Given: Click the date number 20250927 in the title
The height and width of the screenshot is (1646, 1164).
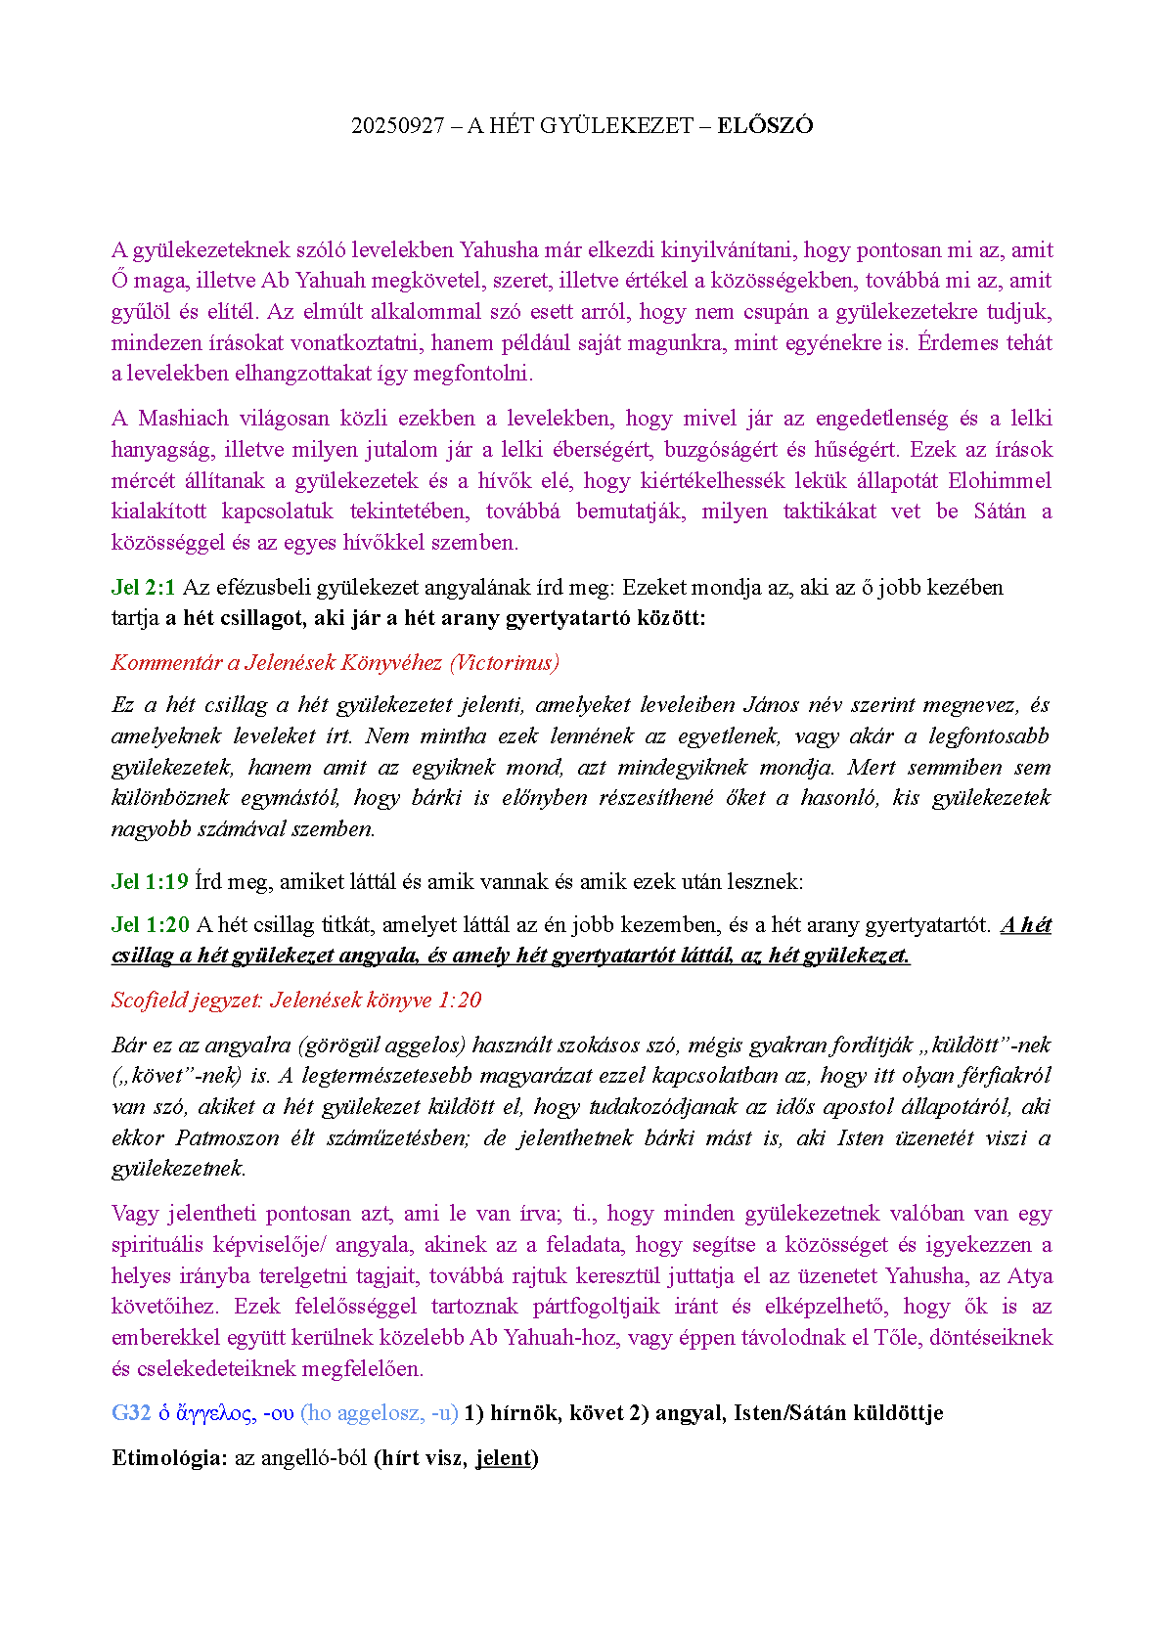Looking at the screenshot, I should tap(397, 125).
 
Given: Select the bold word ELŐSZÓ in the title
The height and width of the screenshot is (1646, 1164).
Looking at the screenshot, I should tap(765, 125).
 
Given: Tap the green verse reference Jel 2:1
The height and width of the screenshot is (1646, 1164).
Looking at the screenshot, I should tap(143, 587).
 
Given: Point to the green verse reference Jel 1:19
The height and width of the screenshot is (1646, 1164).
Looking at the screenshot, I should tap(150, 881).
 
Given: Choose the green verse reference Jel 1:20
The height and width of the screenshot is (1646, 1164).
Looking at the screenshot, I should tap(150, 924).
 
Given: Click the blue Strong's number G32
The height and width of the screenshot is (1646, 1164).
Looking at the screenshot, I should tap(131, 1412).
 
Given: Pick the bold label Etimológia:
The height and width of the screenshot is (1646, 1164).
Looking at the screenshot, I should tap(169, 1457).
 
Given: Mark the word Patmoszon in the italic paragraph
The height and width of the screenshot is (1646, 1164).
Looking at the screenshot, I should tap(224, 1137).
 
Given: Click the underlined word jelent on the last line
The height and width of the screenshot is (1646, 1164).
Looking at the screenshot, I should tap(503, 1457).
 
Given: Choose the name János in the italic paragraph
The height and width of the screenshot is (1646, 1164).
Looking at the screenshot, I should tap(772, 704).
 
